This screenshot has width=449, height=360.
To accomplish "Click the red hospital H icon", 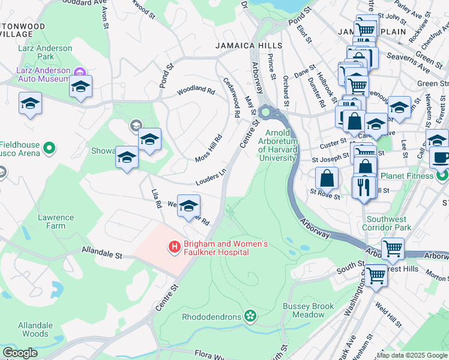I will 174,246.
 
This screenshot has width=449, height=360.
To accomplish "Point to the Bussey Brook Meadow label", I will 309,310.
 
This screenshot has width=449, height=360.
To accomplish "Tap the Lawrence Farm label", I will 56,221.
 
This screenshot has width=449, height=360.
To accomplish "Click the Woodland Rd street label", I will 196,92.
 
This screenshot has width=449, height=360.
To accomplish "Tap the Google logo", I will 20,353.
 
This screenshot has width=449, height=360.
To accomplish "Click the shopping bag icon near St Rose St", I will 327,178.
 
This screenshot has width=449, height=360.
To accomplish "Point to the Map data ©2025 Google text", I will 412,355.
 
